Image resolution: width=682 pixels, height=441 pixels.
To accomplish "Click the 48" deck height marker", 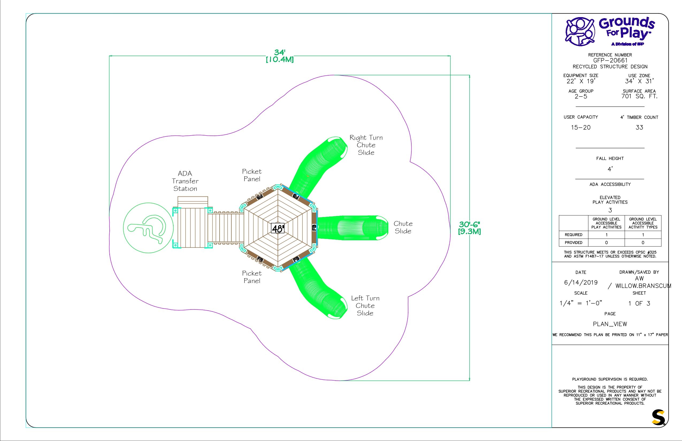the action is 278,228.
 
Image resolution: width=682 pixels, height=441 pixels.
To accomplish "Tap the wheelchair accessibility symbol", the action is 148,228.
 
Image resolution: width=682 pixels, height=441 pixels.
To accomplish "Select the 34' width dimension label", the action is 280,56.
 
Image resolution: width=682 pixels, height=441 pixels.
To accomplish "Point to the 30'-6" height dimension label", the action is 469,228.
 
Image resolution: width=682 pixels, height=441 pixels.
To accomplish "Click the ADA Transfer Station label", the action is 185,181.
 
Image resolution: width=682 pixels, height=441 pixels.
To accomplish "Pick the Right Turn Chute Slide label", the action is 366,145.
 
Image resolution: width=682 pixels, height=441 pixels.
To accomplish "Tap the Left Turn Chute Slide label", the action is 365,305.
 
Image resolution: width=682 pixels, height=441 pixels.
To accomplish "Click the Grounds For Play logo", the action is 610,32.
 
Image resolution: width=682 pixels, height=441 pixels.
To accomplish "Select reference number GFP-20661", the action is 610,60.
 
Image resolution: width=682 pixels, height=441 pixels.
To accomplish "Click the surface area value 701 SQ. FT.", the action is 639,96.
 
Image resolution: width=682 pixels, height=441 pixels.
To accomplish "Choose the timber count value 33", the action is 639,127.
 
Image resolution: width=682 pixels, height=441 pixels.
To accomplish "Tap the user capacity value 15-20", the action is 581,127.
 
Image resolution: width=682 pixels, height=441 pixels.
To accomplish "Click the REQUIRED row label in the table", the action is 573,235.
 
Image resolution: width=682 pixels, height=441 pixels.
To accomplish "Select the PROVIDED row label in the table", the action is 573,243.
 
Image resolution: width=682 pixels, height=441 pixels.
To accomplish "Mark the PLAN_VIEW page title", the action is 610,324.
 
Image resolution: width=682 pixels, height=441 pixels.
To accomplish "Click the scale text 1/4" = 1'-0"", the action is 581,303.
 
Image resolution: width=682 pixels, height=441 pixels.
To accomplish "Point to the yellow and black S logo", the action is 658,417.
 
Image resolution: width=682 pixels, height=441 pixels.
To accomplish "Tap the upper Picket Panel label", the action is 252,175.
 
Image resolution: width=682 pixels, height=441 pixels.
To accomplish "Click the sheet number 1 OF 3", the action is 639,303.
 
